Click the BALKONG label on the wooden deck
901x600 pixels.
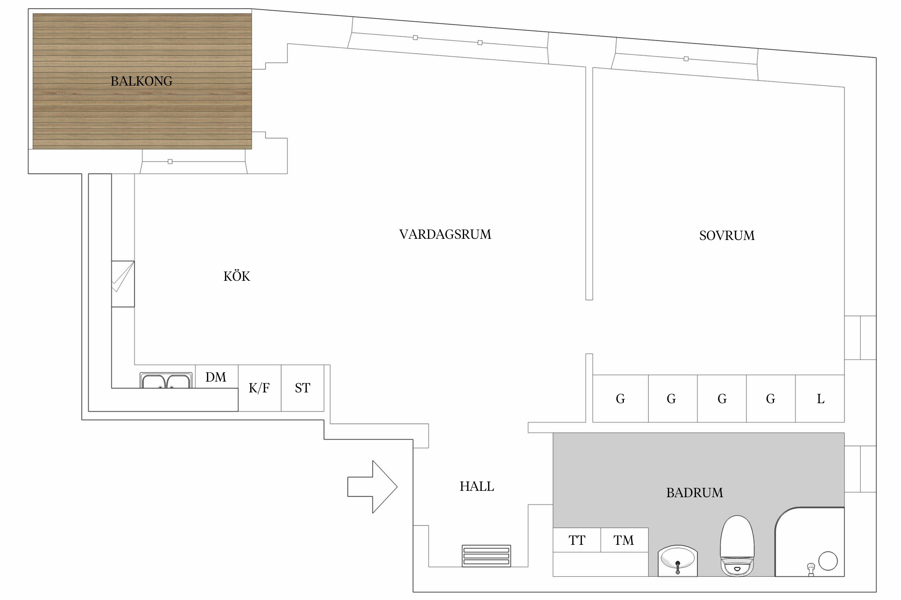tap(141, 81)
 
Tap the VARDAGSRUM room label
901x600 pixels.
tap(445, 234)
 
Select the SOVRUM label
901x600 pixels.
tap(727, 236)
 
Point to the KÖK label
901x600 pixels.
tap(237, 276)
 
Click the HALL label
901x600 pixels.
tap(477, 486)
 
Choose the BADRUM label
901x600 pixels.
tap(694, 492)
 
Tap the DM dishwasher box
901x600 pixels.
tap(216, 377)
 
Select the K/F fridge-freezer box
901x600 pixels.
tap(259, 388)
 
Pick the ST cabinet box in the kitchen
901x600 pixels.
tap(302, 388)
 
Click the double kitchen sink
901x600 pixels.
tap(165, 381)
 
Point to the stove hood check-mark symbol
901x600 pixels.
tap(123, 284)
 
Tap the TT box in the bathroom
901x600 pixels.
tap(577, 540)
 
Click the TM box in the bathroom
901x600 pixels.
tap(624, 540)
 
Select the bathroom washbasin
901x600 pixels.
tap(678, 561)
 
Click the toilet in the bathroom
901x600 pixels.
tap(737, 546)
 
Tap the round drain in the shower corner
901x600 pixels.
tap(828, 561)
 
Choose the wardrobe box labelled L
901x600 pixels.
tap(820, 399)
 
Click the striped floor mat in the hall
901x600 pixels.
tap(486, 556)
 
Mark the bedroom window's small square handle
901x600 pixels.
tap(686, 59)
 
